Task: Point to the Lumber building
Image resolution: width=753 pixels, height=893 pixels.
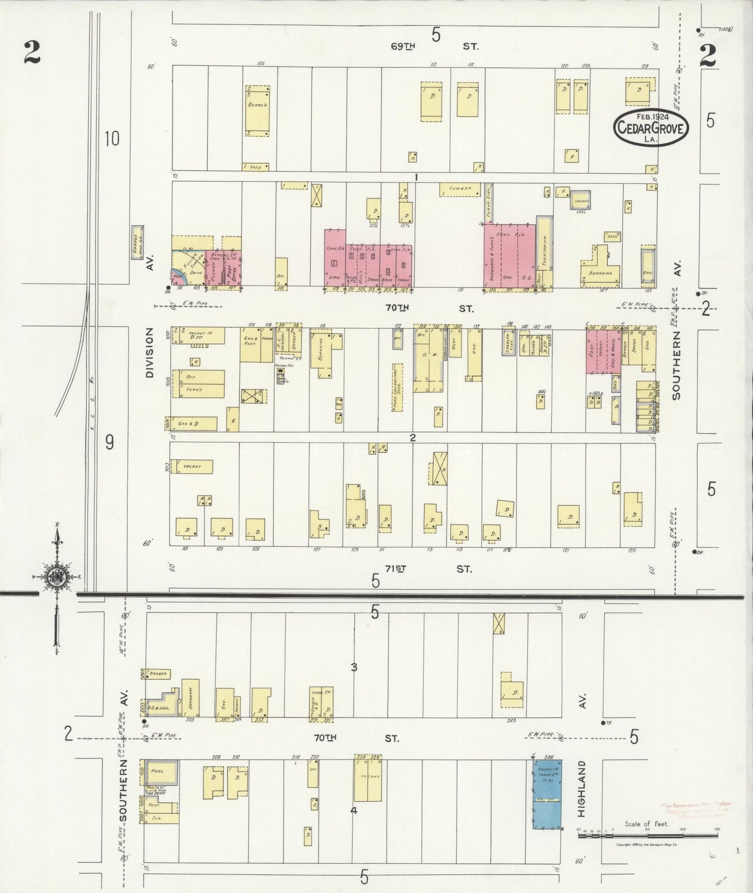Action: click(x=459, y=189)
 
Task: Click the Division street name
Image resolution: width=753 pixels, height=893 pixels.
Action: click(x=150, y=352)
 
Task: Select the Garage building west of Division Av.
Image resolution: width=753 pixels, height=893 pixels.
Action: click(x=137, y=243)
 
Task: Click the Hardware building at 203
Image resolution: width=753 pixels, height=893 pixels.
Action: click(x=190, y=698)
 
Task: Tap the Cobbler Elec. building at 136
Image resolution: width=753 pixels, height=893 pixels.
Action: click(x=509, y=341)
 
